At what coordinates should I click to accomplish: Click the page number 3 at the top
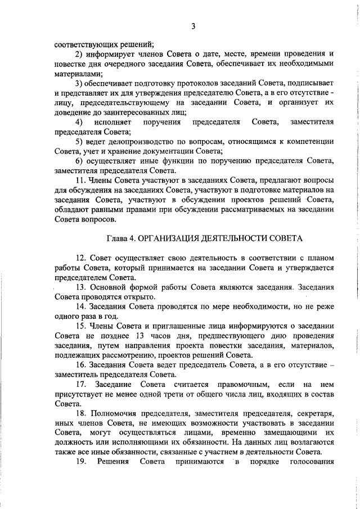[193, 26]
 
